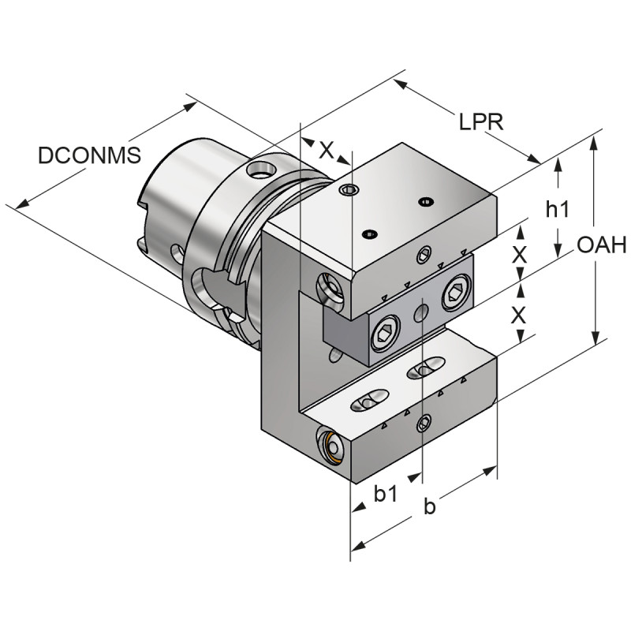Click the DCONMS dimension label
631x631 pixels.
pos(89,155)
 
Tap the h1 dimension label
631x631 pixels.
pos(558,209)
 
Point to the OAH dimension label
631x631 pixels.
pos(601,245)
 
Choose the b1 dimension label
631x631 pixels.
pos(386,495)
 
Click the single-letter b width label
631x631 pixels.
pos(429,506)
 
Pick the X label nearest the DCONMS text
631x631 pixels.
pos(326,151)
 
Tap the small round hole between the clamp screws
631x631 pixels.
pos(420,315)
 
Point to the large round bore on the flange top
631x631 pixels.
pos(260,168)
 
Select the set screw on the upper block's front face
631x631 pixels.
pos(424,255)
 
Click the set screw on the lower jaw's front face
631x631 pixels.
pos(424,424)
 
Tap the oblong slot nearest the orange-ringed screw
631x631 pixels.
pos(368,401)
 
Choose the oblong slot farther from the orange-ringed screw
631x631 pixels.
pos(426,367)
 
